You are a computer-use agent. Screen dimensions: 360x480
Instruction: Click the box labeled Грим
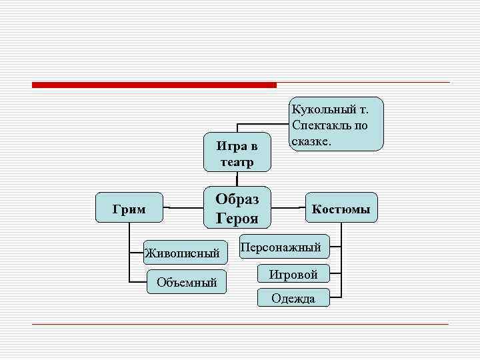click(x=129, y=209)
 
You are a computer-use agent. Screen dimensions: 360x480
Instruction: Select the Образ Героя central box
click(x=237, y=208)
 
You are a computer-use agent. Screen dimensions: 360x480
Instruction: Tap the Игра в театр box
click(x=237, y=153)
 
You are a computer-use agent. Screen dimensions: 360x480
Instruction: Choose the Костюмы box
click(x=341, y=209)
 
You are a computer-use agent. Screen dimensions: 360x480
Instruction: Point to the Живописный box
click(x=182, y=253)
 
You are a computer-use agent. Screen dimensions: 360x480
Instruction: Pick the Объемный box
click(x=187, y=283)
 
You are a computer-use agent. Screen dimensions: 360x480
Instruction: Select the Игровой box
click(x=293, y=274)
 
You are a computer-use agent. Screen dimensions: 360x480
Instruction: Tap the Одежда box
click(x=293, y=298)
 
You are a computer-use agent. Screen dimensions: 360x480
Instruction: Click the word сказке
click(x=311, y=141)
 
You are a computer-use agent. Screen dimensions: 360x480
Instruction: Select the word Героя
click(x=237, y=218)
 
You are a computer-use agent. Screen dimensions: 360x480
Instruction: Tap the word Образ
click(x=237, y=199)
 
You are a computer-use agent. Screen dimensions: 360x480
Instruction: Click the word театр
click(x=237, y=162)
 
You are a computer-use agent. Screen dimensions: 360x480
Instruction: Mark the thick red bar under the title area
click(x=154, y=85)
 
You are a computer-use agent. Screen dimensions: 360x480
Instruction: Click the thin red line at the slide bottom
click(x=240, y=324)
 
